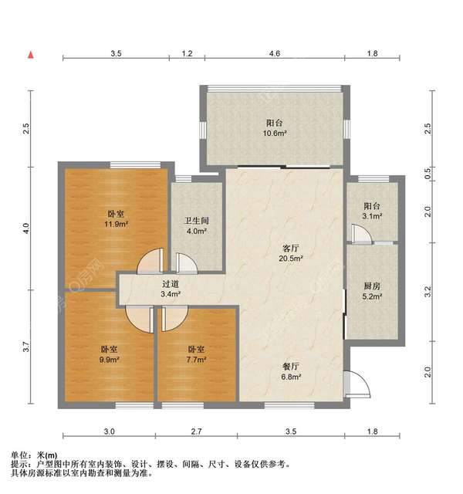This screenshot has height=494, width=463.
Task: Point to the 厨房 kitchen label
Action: click(371, 285)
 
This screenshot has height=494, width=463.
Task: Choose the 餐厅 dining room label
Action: click(291, 367)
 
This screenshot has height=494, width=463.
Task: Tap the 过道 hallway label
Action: click(170, 283)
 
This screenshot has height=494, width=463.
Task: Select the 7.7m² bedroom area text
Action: click(197, 359)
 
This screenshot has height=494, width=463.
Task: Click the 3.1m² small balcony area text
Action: click(373, 216)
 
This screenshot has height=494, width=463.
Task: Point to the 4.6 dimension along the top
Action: click(275, 53)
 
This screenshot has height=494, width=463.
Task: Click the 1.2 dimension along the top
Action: click(187, 53)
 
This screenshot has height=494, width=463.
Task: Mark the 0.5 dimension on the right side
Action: click(429, 174)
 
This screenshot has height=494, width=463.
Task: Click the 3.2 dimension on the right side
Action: click(429, 291)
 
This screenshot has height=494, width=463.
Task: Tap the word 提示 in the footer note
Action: click(21, 464)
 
